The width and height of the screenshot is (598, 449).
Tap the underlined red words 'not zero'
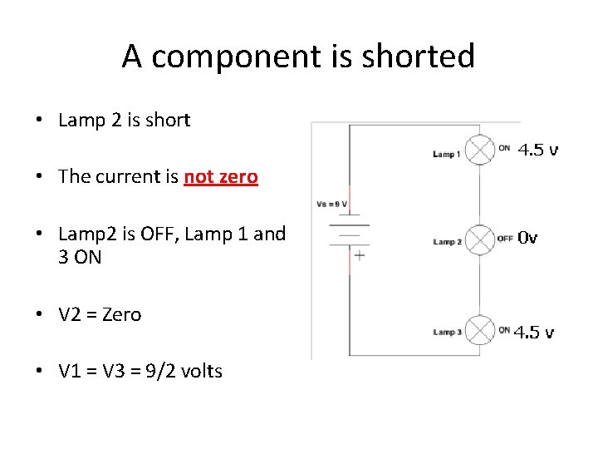221,176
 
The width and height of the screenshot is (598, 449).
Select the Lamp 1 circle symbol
480,150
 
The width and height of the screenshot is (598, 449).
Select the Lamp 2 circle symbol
480,239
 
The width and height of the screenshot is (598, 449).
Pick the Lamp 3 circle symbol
480,330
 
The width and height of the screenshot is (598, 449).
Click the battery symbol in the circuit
349,233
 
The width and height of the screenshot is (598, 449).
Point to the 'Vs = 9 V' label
333,204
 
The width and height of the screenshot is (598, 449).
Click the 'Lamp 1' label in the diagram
446,154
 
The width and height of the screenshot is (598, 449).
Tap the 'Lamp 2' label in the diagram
446,242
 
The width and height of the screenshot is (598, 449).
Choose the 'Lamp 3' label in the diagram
446,333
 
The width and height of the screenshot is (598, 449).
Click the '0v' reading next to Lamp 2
527,238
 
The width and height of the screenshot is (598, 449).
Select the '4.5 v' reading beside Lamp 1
538,150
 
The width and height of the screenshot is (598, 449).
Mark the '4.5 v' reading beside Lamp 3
535,333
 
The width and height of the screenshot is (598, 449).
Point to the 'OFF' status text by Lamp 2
505,239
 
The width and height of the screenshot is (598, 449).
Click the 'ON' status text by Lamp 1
504,149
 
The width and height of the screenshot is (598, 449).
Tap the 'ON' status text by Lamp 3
504,330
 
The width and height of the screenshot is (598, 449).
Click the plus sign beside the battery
359,256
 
